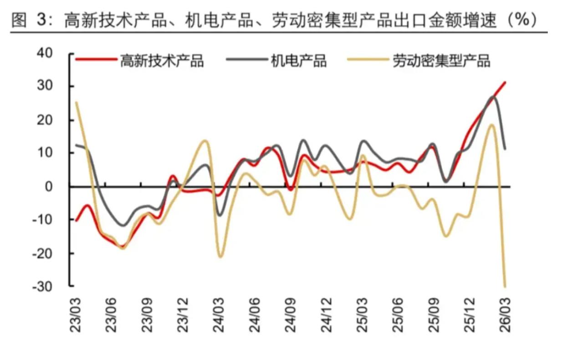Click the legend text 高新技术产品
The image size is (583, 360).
tap(162, 61)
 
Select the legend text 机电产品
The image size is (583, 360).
tap(299, 61)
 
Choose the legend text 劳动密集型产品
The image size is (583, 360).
tap(441, 61)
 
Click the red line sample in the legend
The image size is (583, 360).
tap(96, 59)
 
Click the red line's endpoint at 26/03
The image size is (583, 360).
tap(505, 82)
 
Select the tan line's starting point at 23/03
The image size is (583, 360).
tap(76, 102)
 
